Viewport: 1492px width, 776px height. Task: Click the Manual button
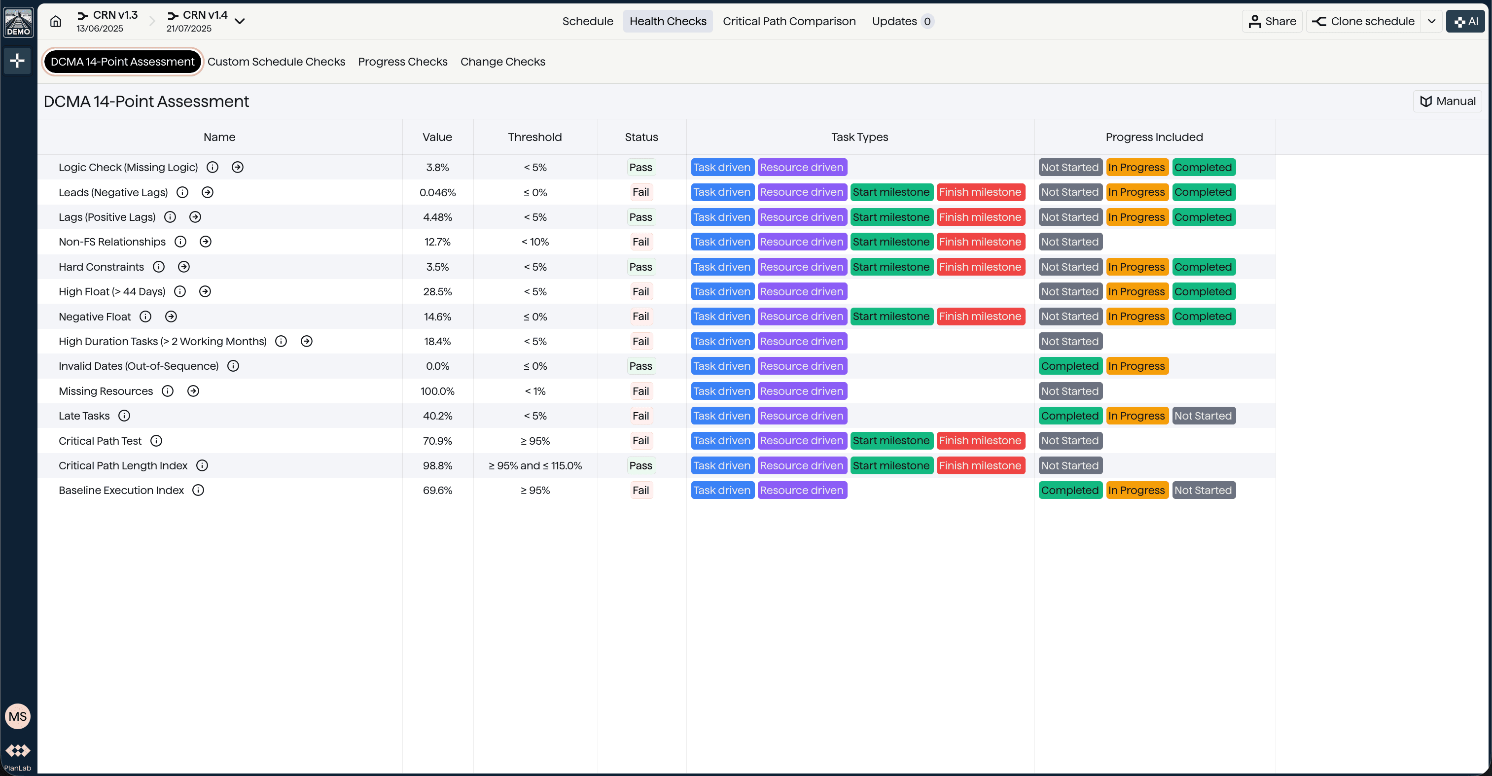pos(1448,102)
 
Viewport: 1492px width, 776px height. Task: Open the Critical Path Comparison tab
pos(789,21)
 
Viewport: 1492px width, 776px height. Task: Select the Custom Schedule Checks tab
pos(276,62)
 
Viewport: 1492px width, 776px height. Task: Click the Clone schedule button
pos(1363,21)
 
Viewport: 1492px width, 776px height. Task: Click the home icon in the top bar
pos(56,21)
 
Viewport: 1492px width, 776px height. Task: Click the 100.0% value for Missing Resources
pos(437,391)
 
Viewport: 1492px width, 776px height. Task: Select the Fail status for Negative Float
pos(640,316)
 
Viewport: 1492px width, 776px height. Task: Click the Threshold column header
pos(534,137)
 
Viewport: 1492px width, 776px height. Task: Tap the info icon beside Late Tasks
pos(124,416)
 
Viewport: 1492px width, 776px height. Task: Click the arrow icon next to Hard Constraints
pos(183,267)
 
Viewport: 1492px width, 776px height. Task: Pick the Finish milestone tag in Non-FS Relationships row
pos(980,242)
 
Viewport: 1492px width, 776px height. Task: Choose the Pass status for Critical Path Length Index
pos(640,465)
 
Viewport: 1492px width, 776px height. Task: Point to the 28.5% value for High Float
pos(437,292)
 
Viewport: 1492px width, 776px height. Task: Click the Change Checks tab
pos(503,62)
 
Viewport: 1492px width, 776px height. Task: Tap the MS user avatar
pos(17,716)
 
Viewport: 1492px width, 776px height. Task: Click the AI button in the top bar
pos(1465,21)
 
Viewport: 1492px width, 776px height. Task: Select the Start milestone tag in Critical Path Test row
pos(891,441)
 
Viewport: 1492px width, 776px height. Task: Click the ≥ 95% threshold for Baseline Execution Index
pos(534,491)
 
